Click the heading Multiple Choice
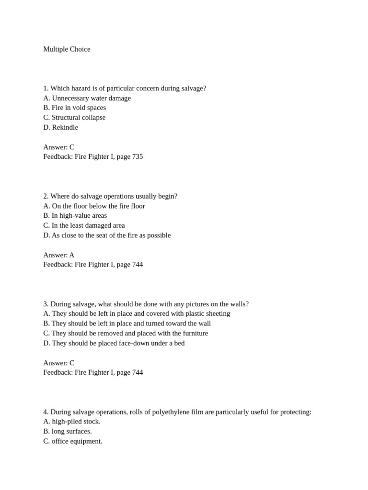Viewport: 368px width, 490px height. pos(67,49)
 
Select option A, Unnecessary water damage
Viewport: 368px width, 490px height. pos(87,98)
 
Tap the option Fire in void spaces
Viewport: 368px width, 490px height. pos(74,108)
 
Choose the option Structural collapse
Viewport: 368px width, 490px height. pos(74,117)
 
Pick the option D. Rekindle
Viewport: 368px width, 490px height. pos(60,127)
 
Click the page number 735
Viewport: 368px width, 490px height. pos(137,156)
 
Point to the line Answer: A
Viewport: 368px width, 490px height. pos(58,255)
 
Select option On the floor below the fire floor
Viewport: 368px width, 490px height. pos(94,206)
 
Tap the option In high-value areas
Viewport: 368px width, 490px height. pos(75,215)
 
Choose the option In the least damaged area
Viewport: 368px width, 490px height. pos(84,225)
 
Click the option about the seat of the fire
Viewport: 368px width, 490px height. pos(107,235)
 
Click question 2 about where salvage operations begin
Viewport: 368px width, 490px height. pos(110,196)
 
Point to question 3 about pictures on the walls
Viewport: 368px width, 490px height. pos(146,304)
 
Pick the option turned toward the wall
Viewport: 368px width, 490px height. pos(127,323)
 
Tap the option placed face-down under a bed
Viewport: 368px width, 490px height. pos(114,343)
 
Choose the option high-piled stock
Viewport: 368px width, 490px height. pos(72,422)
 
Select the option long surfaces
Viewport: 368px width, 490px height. pos(68,431)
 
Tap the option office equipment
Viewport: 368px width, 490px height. pos(73,441)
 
